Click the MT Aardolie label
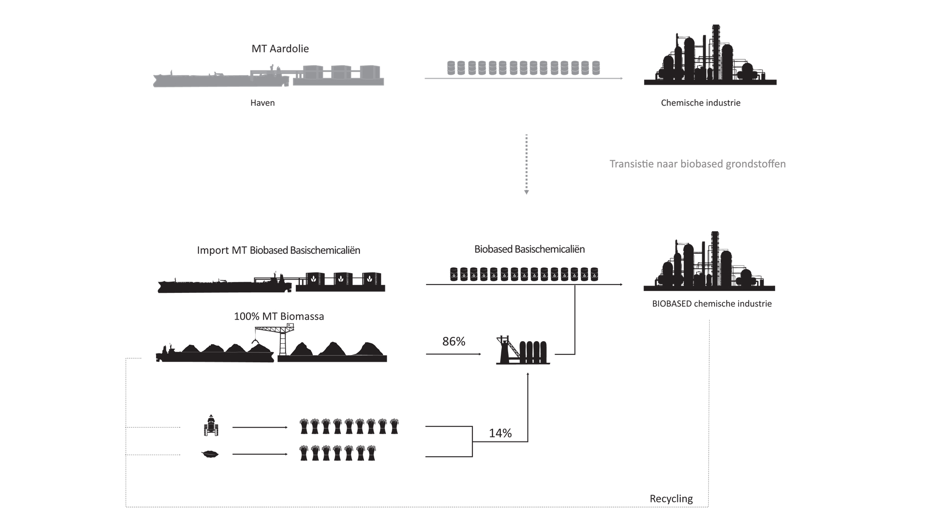(280, 49)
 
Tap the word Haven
(263, 103)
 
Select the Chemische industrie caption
(700, 103)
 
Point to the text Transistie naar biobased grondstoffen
(697, 164)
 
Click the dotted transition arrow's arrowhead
(527, 192)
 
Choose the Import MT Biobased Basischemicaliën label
(278, 250)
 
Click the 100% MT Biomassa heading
(279, 316)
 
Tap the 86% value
(454, 341)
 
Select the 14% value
(500, 433)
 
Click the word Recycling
(671, 499)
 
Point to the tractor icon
(211, 425)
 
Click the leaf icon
(210, 454)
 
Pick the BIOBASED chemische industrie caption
(712, 304)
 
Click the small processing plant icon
(523, 350)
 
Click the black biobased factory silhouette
(709, 261)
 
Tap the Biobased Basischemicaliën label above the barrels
(530, 249)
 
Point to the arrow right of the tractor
(260, 427)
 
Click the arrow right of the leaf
(260, 454)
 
